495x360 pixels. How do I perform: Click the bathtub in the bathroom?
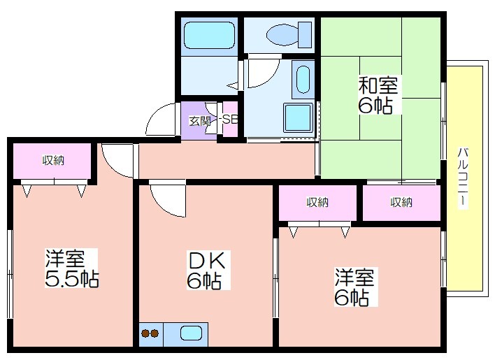(x=208, y=35)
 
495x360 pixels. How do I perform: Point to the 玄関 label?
(x=199, y=120)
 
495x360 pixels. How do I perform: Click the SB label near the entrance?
(x=230, y=119)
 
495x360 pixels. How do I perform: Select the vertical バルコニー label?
(x=464, y=177)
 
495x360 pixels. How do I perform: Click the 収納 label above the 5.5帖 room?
(x=52, y=161)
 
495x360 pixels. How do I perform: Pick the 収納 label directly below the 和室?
(x=401, y=203)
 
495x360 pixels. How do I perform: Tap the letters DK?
(x=206, y=260)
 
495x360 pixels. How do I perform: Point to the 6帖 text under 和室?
(x=375, y=107)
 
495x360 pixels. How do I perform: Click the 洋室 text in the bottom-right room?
(x=354, y=277)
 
